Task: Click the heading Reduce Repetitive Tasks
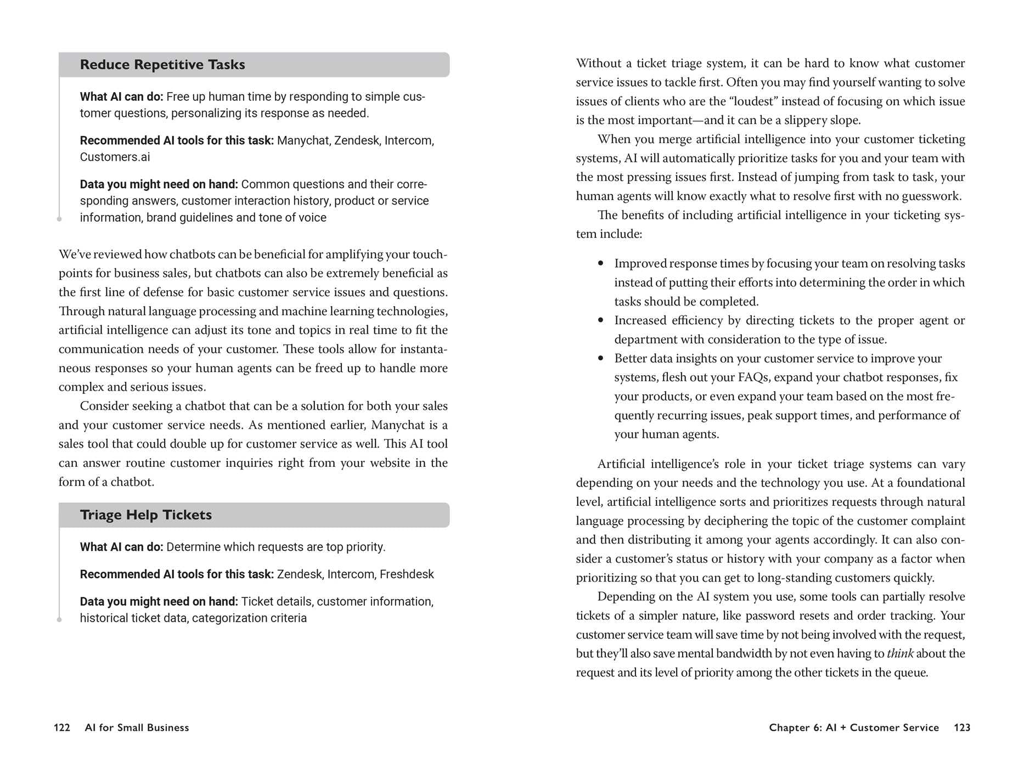click(x=162, y=65)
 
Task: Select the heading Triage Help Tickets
click(x=146, y=515)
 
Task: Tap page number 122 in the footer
click(x=62, y=728)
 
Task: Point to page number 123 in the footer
click(x=962, y=728)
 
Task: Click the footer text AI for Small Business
click(x=137, y=728)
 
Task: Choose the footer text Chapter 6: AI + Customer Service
click(x=854, y=728)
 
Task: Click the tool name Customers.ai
click(x=115, y=157)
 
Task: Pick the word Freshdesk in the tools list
click(x=407, y=574)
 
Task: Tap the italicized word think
click(x=900, y=654)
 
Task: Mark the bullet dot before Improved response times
click(x=601, y=263)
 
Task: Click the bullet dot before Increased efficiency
click(x=601, y=320)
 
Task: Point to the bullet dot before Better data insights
click(x=601, y=358)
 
